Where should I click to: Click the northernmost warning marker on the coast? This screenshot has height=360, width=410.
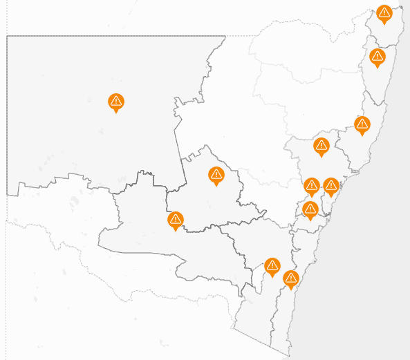coord(384,14)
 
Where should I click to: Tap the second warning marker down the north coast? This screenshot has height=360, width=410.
coord(378,57)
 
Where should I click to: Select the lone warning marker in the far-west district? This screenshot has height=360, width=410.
coord(116,102)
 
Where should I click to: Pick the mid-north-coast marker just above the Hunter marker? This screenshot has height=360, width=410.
coord(362,125)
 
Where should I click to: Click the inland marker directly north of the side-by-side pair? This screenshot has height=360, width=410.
coord(321,146)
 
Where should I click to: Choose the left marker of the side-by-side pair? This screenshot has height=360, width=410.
coord(312,186)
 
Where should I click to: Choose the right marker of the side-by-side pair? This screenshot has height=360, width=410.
coord(331,186)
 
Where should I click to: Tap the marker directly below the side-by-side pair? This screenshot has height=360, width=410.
coord(310,209)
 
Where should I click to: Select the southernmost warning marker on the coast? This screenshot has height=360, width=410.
coord(291,278)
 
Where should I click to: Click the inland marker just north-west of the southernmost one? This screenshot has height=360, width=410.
coord(272,265)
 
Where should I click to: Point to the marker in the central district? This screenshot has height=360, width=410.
coord(216,176)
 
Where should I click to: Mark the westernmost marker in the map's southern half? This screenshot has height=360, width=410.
coord(176,220)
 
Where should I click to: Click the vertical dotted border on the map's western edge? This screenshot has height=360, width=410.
coord(7,276)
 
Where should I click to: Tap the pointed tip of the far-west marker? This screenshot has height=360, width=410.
coord(116,112)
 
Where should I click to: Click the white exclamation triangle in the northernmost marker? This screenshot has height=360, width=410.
coord(384,12)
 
